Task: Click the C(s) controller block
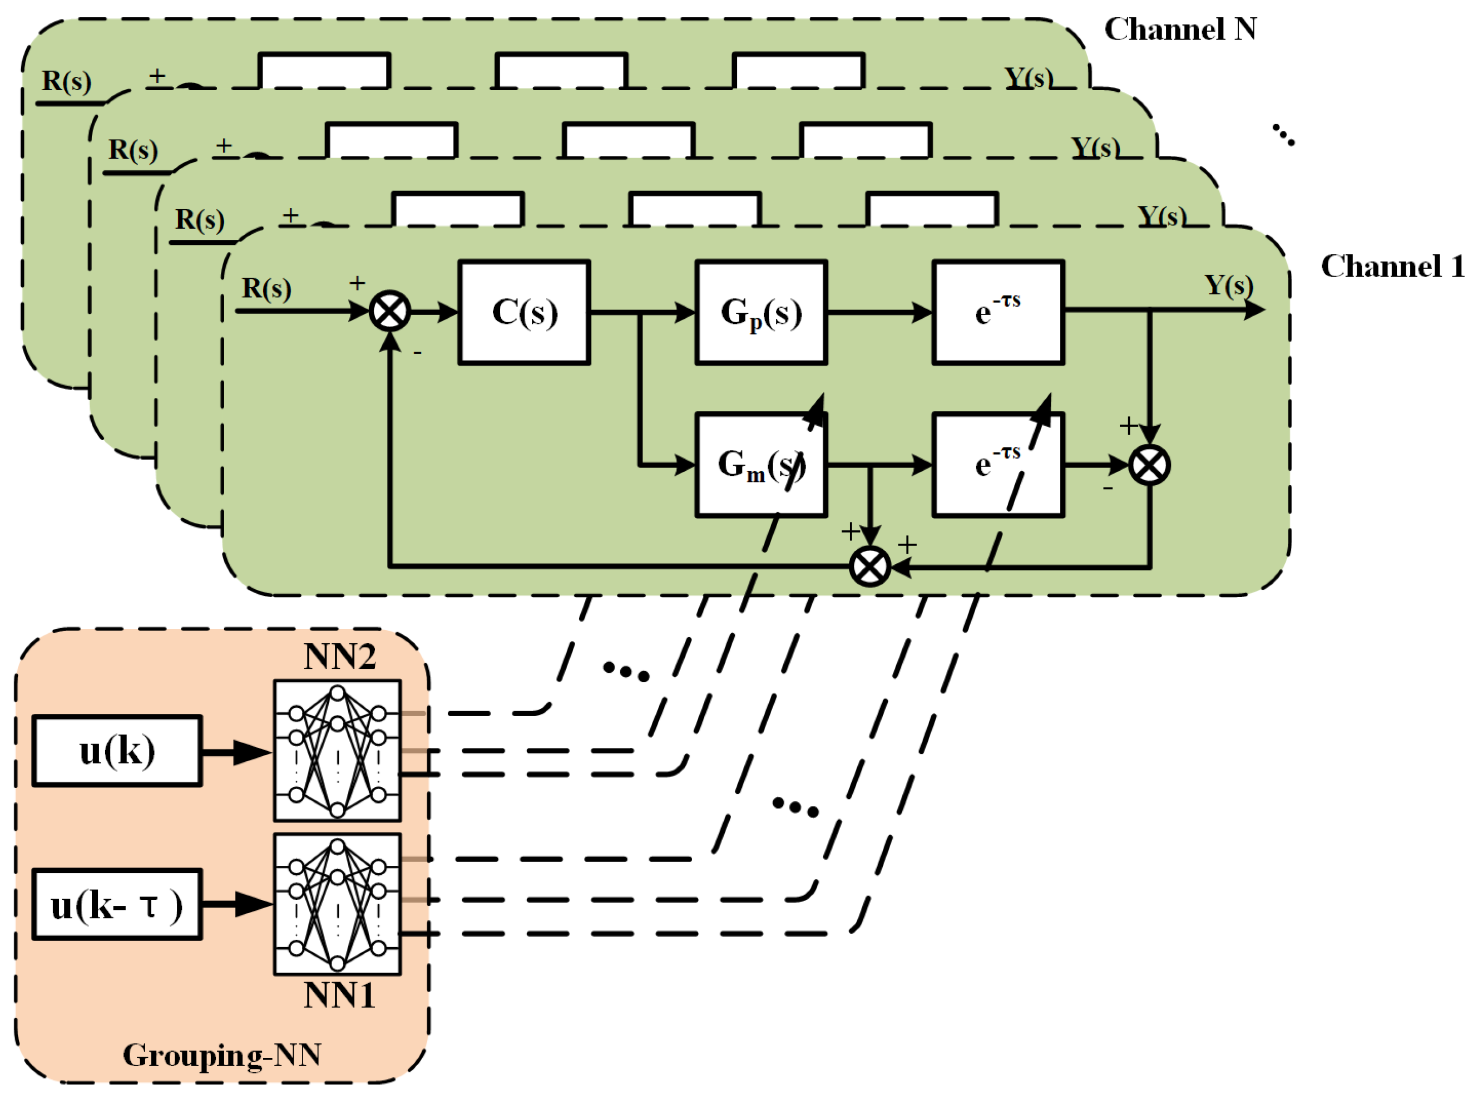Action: (x=524, y=312)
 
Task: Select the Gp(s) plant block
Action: (x=761, y=312)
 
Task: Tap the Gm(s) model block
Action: (x=761, y=464)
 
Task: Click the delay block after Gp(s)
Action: (x=997, y=312)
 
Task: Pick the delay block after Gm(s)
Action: (x=997, y=464)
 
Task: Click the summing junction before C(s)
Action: (x=389, y=311)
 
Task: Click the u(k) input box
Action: (x=117, y=751)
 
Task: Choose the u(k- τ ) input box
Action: (x=117, y=905)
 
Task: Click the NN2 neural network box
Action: (x=337, y=751)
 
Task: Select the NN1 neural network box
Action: (x=337, y=904)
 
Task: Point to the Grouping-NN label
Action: (x=222, y=1055)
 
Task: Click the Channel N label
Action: (x=1180, y=29)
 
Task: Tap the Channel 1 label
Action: (x=1392, y=266)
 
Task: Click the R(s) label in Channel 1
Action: (x=266, y=288)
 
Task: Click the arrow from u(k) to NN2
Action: (x=236, y=752)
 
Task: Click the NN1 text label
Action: (x=339, y=996)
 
